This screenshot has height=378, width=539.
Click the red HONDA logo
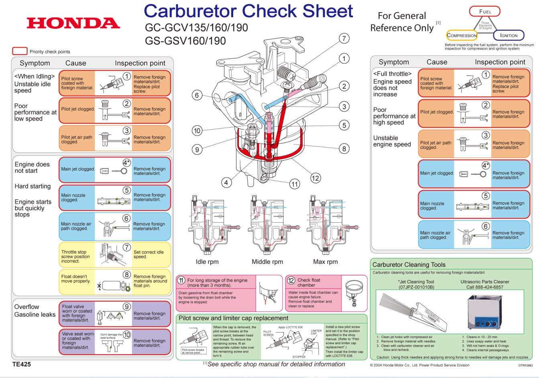[73, 23]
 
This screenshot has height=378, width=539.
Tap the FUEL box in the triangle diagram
[485, 12]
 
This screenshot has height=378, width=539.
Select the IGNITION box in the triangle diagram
[508, 35]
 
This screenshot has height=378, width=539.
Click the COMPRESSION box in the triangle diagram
[462, 35]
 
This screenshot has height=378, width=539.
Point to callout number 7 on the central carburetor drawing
[344, 39]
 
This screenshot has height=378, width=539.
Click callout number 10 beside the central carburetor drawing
[197, 130]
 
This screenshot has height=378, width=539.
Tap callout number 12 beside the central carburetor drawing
[315, 178]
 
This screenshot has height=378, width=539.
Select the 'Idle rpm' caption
[207, 262]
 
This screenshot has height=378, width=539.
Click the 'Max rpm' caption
[325, 262]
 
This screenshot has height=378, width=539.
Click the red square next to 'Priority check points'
[20, 51]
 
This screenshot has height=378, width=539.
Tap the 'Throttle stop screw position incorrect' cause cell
[76, 256]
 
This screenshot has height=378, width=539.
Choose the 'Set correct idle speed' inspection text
[148, 254]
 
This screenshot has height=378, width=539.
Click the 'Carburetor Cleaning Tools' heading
[409, 264]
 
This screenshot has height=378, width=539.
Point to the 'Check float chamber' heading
[309, 282]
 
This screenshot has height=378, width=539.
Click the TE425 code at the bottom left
[22, 364]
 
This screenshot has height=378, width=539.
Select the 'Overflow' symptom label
[26, 307]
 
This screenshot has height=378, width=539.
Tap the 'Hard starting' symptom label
[33, 186]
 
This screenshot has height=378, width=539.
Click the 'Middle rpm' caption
[267, 262]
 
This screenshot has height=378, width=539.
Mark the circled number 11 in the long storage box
[181, 280]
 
